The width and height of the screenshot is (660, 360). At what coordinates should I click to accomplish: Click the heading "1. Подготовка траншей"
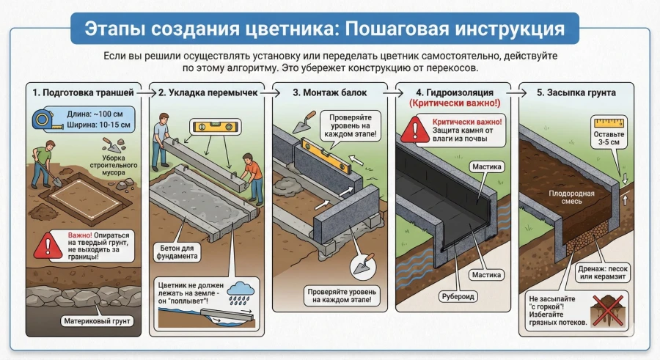[83, 93]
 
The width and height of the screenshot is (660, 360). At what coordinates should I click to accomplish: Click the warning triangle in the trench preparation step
[48, 244]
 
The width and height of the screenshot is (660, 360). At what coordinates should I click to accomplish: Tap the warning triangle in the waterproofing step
[415, 130]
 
